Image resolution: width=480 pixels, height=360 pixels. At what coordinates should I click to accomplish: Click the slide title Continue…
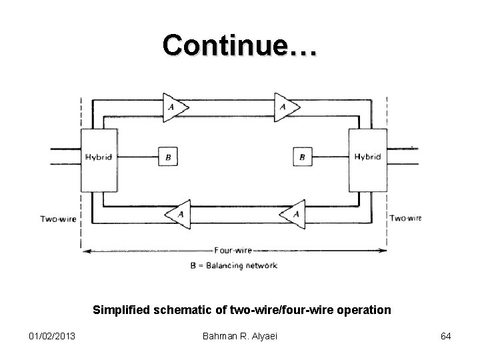pyautogui.click(x=240, y=45)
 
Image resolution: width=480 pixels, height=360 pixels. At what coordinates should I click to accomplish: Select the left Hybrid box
pyautogui.click(x=99, y=157)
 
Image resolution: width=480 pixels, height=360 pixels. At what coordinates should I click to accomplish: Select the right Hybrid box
pyautogui.click(x=367, y=157)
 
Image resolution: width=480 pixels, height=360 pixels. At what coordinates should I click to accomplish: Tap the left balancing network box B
pyautogui.click(x=167, y=157)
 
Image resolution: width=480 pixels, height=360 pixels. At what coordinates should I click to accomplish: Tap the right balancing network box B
pyautogui.click(x=302, y=157)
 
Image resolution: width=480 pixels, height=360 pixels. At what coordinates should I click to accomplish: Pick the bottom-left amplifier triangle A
pyautogui.click(x=175, y=213)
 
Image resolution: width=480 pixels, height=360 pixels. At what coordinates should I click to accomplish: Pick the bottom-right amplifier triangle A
pyautogui.click(x=289, y=213)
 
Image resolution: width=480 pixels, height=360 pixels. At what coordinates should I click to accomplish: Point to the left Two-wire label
pyautogui.click(x=59, y=218)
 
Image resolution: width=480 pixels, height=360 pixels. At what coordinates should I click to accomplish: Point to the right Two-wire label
pyautogui.click(x=405, y=218)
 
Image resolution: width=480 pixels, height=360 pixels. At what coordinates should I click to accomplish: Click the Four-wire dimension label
pyautogui.click(x=233, y=251)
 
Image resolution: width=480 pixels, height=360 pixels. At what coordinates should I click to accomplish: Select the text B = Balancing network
pyautogui.click(x=233, y=265)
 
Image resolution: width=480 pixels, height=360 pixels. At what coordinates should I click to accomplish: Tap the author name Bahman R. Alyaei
pyautogui.click(x=241, y=336)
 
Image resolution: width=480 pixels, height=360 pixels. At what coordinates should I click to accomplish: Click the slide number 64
pyautogui.click(x=445, y=336)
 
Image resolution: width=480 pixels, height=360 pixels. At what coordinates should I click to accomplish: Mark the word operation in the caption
pyautogui.click(x=366, y=310)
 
